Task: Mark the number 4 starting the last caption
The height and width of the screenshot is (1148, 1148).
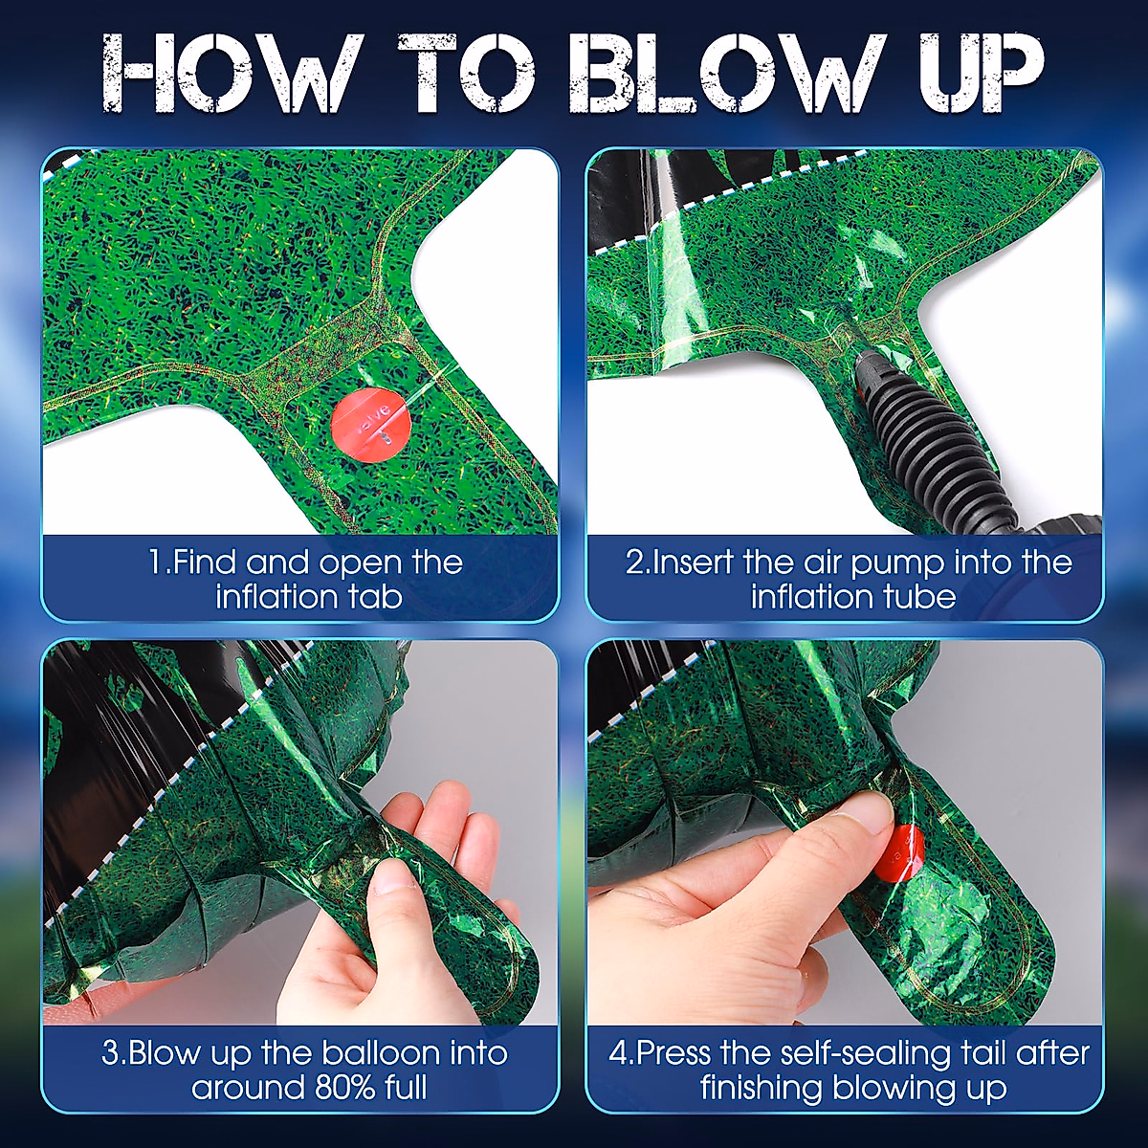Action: point(617,1054)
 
